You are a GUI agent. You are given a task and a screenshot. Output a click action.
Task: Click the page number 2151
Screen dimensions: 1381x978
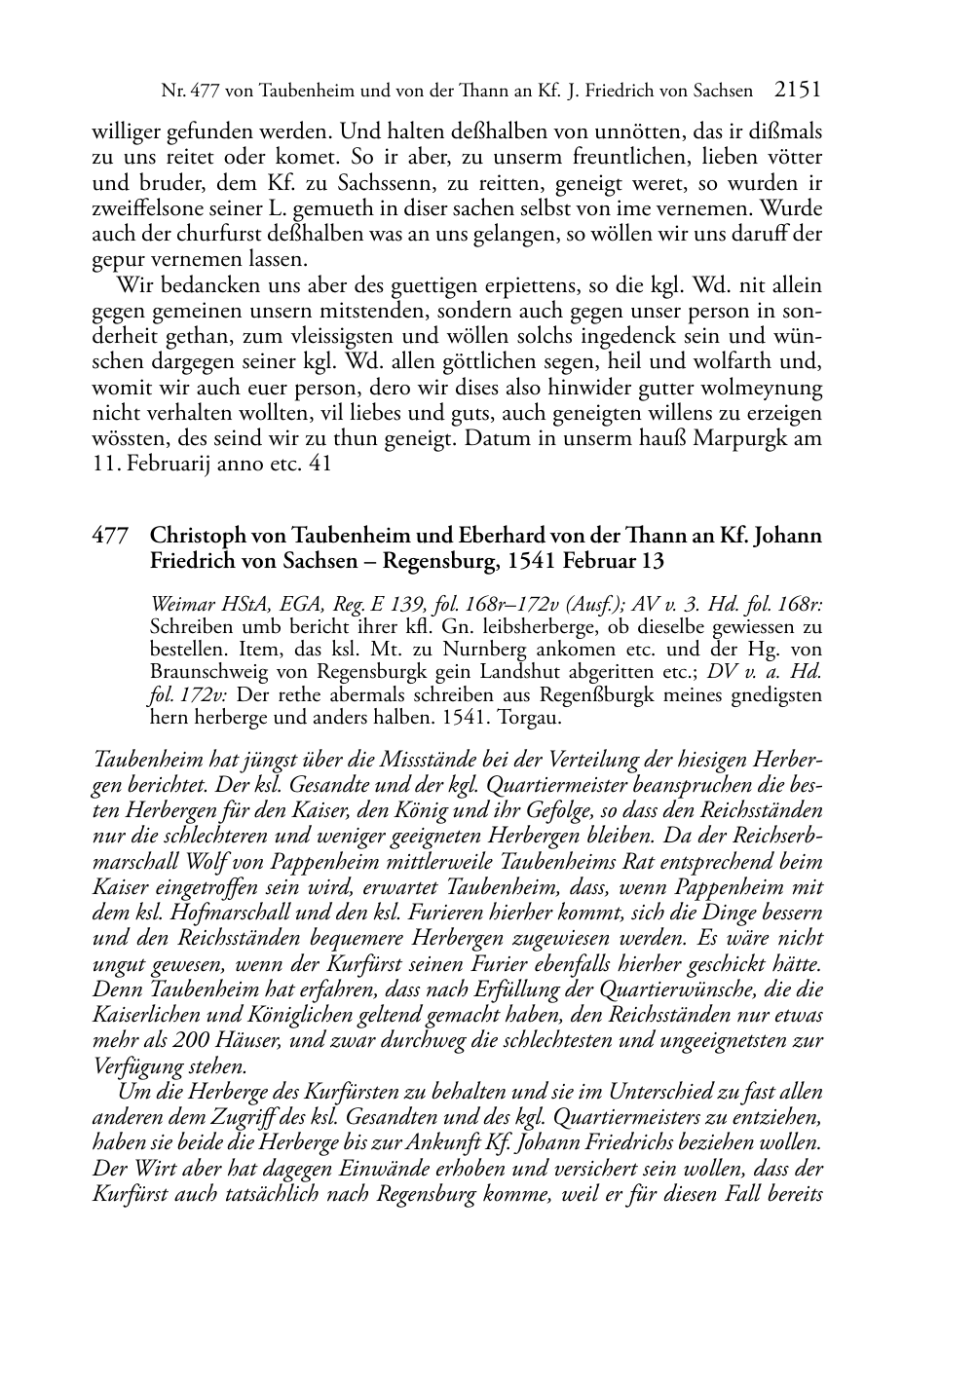(x=798, y=91)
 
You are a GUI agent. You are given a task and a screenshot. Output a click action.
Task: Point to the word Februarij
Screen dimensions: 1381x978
(x=168, y=464)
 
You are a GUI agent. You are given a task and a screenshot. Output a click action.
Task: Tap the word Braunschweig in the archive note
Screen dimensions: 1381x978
(x=208, y=673)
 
